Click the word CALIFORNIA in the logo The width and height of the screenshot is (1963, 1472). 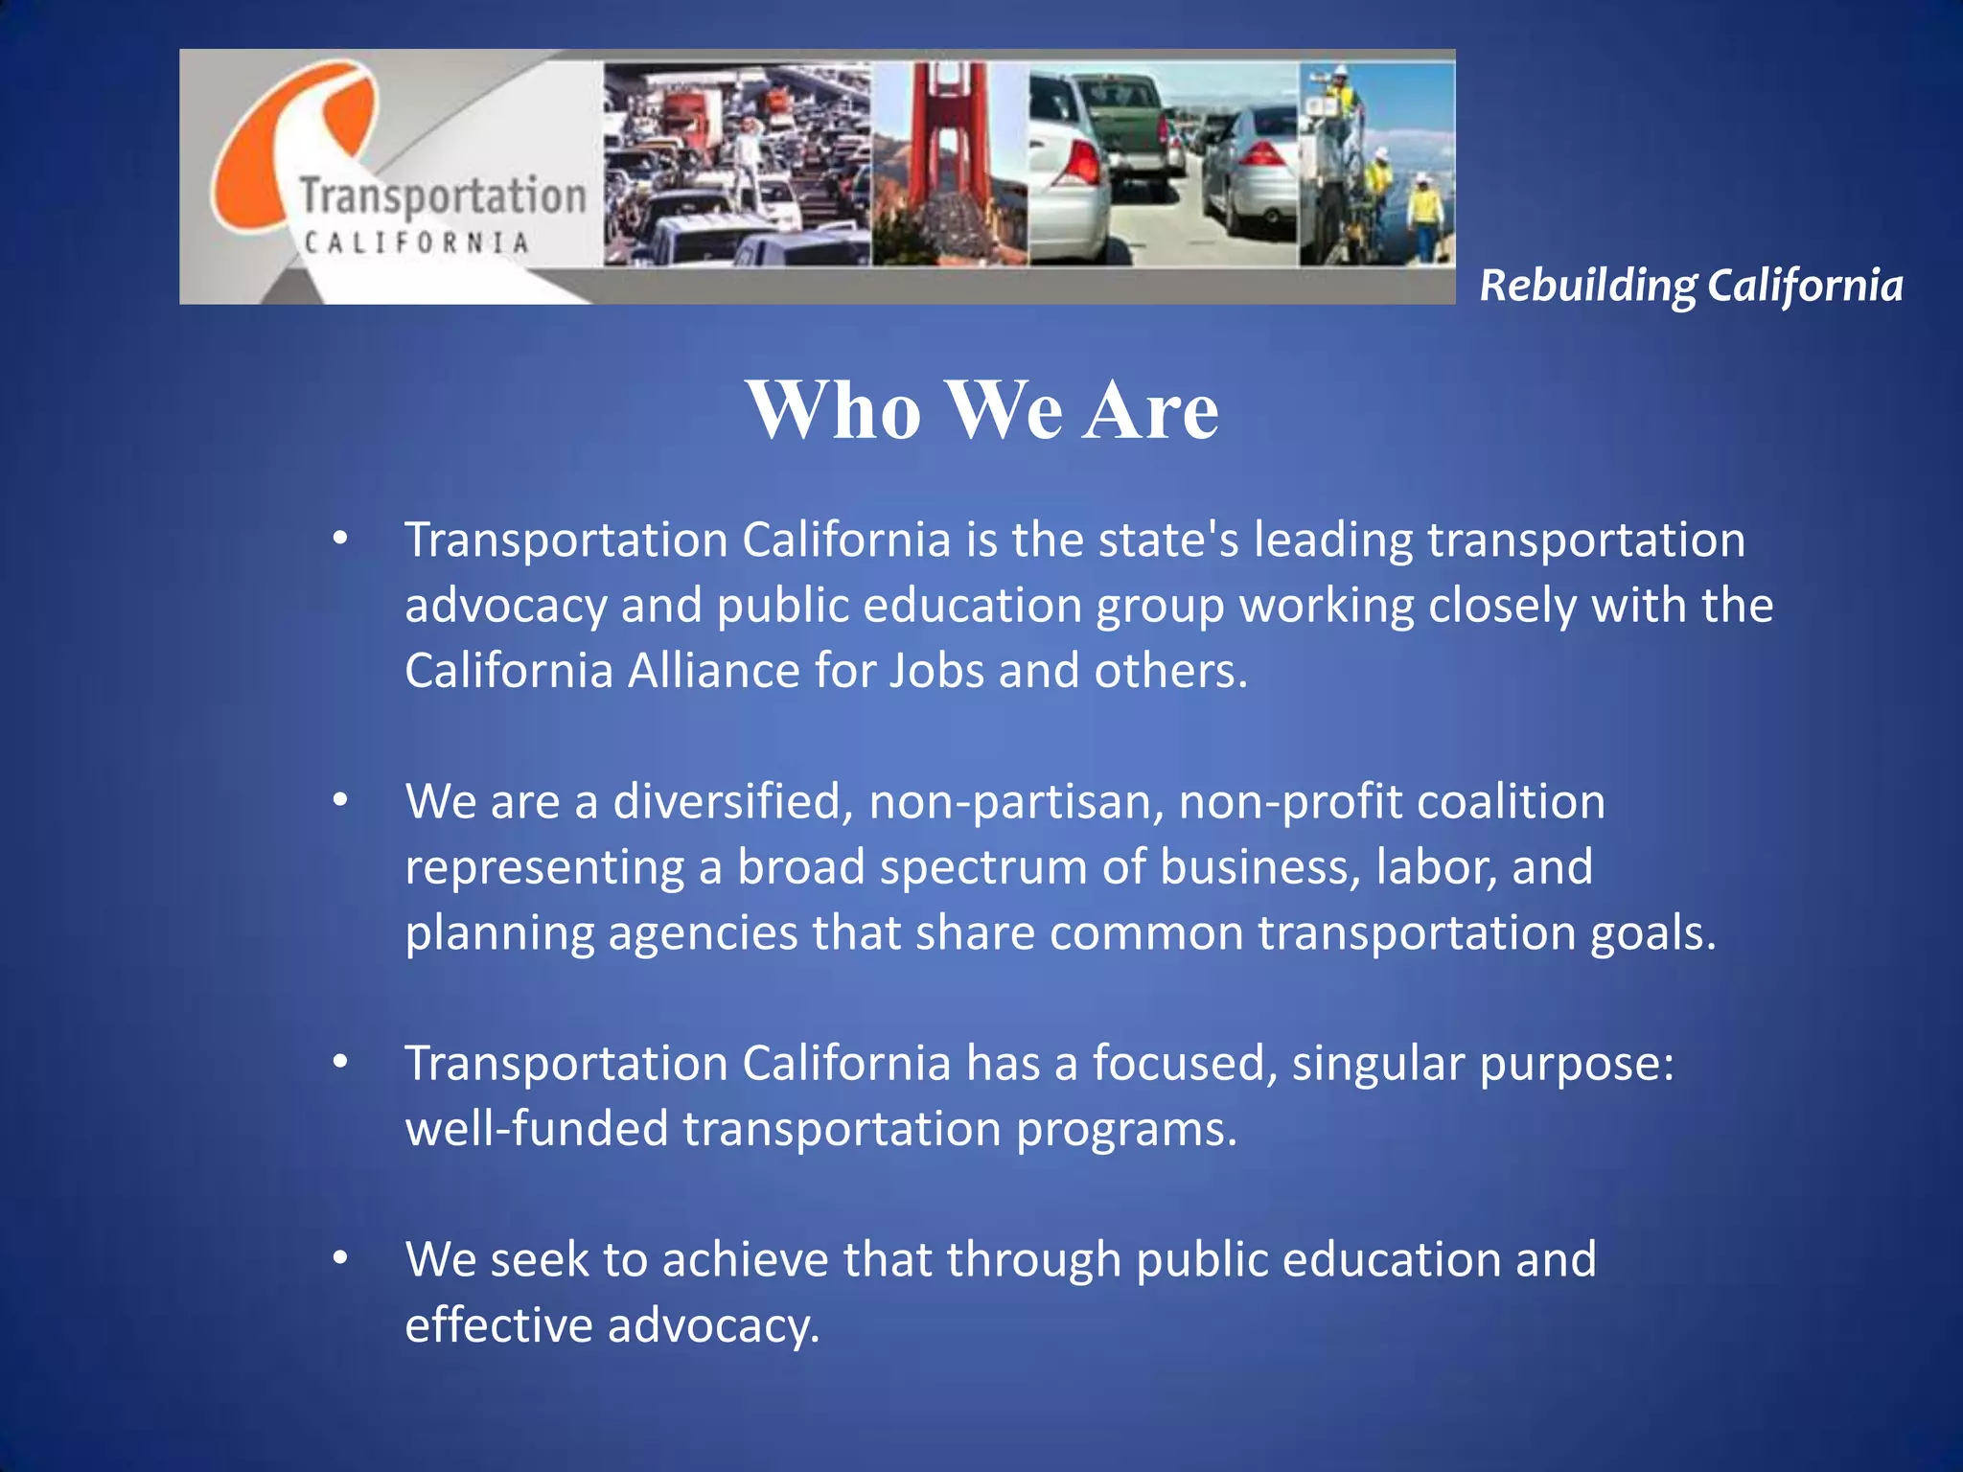pos(416,242)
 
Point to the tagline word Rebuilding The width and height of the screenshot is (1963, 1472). pos(1587,286)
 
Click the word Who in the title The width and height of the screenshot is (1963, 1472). pos(834,410)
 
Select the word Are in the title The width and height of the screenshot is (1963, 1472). pos(1150,410)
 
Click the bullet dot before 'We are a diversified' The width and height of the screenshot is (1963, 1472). pos(340,800)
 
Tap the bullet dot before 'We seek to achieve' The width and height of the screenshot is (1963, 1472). pos(340,1258)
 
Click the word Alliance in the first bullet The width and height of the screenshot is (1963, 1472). pos(713,670)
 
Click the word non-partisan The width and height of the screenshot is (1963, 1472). pos(1017,801)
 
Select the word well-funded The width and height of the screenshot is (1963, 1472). pos(537,1128)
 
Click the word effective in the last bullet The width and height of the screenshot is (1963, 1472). pos(498,1325)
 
